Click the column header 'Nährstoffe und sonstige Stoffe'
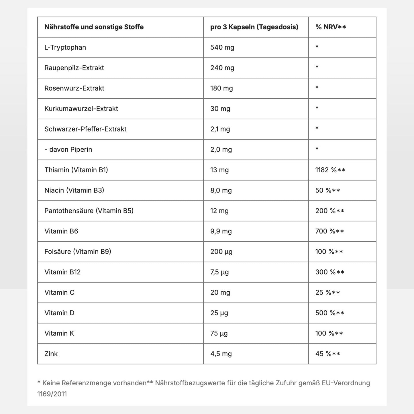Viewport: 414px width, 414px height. (94, 27)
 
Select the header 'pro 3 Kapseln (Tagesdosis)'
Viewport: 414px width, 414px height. (254, 27)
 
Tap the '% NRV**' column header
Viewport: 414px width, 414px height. (331, 27)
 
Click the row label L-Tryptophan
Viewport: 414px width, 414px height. (65, 47)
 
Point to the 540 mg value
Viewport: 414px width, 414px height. (222, 47)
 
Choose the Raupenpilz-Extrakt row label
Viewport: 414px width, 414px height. (74, 68)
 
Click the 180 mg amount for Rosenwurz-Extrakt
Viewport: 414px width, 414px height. (221, 88)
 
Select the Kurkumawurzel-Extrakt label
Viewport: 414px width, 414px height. (81, 109)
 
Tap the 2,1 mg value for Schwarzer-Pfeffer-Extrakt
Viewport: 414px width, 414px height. (220, 129)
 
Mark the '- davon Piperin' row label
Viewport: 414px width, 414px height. (68, 150)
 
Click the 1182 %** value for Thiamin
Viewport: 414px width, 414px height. (330, 170)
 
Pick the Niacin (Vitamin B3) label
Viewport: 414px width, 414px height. (74, 190)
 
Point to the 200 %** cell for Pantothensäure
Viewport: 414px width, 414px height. (330, 211)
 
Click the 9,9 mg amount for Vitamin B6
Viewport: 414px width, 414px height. (221, 231)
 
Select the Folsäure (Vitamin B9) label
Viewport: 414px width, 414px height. (78, 252)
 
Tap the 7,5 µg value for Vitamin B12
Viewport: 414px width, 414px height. (219, 272)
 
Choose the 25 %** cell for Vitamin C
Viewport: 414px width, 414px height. (327, 293)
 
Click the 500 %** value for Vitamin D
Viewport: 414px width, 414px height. (330, 313)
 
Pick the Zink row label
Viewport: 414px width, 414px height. (51, 354)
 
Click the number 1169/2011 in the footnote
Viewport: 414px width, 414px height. (52, 394)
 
